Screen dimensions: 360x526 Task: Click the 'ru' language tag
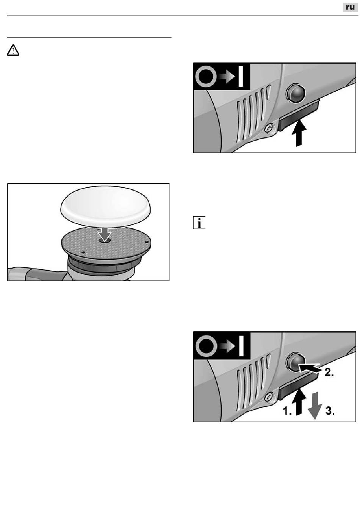350,7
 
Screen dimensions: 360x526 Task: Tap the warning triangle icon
13,50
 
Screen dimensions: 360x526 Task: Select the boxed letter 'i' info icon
199,222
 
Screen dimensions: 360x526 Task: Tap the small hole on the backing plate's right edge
146,242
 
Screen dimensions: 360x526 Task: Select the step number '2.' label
329,372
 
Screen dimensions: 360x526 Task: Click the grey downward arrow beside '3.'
315,405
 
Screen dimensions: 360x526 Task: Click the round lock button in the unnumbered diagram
296,93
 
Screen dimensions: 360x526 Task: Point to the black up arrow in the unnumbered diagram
299,133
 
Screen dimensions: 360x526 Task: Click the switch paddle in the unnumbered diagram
299,116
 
